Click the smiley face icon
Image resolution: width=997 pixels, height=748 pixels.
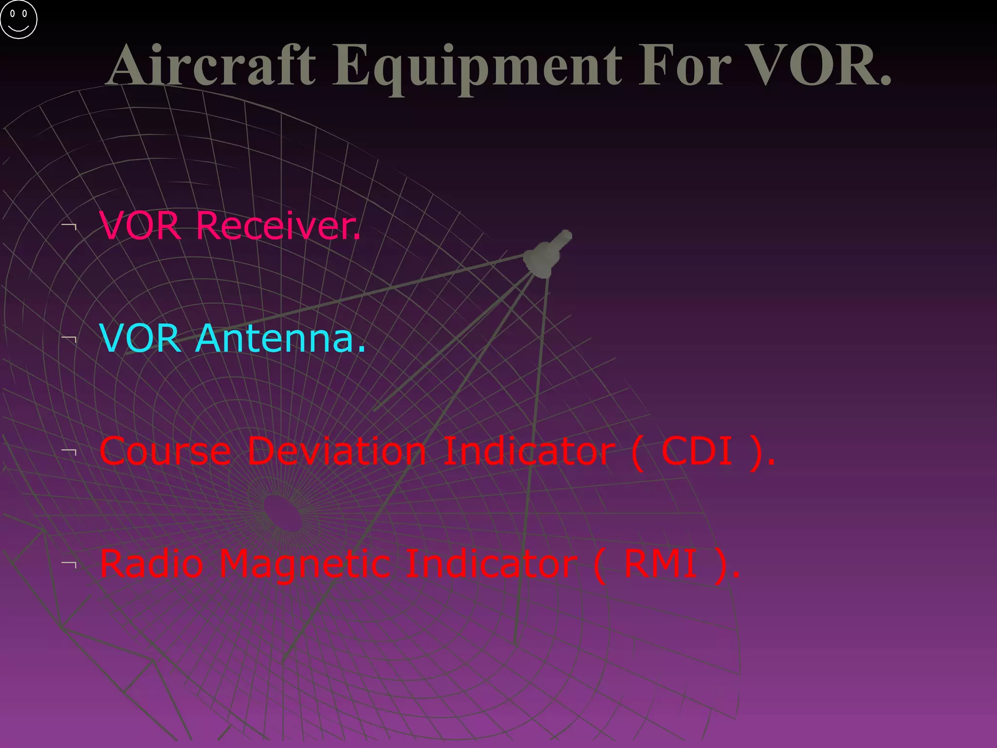18,19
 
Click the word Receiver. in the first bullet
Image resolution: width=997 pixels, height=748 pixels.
278,226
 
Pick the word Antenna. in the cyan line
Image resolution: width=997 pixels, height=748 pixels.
281,338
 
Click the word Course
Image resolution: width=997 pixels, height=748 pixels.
166,451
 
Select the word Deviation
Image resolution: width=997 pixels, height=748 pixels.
337,451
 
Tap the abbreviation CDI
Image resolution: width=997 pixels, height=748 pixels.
697,451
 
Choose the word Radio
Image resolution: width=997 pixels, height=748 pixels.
151,564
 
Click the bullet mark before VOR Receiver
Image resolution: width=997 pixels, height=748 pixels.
70,226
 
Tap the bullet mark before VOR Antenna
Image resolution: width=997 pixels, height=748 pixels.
70,338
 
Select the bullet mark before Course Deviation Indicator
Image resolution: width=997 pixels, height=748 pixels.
70,451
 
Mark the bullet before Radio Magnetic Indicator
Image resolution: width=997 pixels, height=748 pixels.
70,564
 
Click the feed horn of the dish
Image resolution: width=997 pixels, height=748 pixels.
546,254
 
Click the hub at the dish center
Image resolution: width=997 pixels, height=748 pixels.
282,514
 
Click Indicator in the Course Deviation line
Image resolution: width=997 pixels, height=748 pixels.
529,451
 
